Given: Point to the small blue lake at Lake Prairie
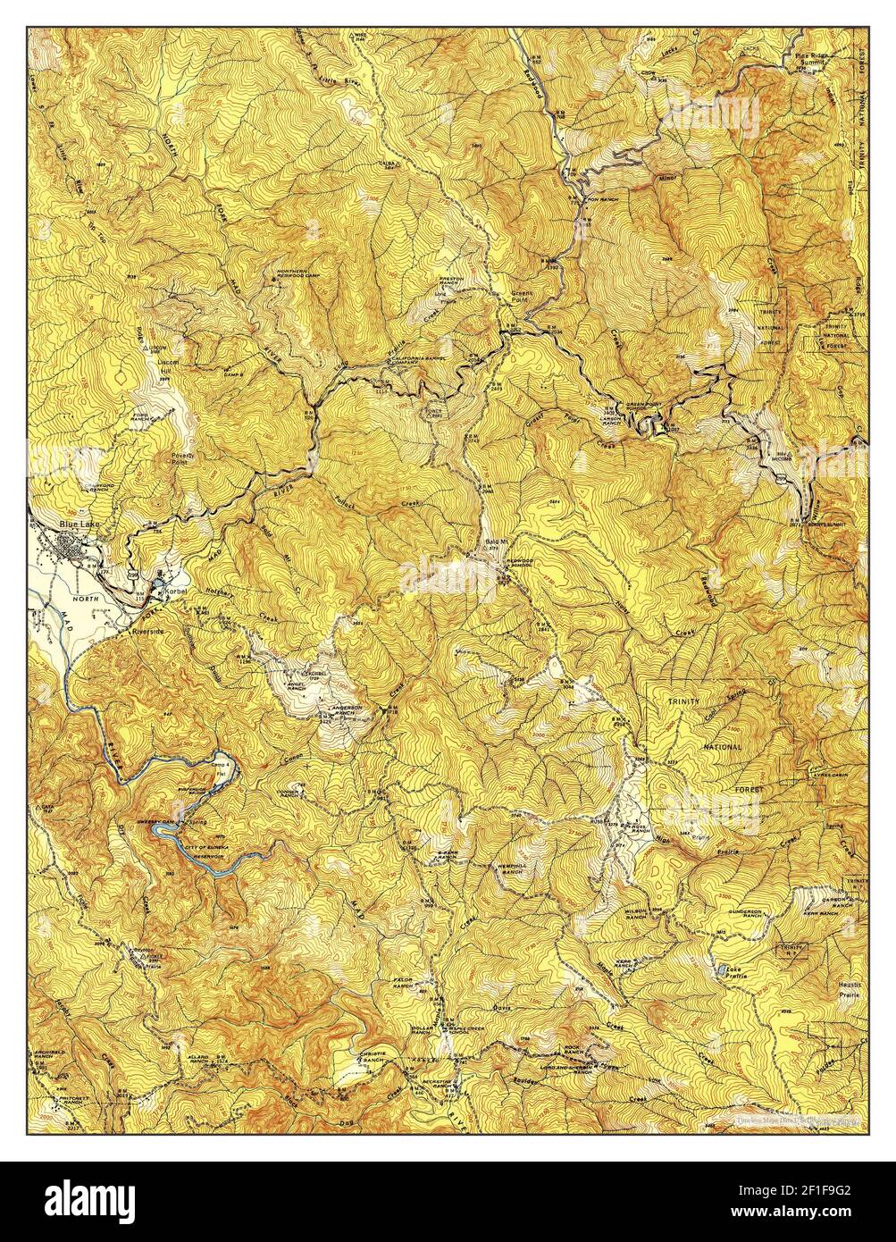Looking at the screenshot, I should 720,969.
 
